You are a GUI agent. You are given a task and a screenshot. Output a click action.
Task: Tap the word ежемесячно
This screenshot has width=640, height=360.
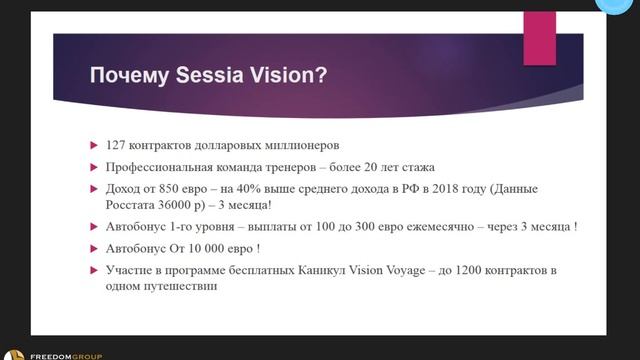(x=452, y=227)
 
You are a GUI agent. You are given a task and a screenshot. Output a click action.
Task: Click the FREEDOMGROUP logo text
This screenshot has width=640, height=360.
(x=65, y=354)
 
